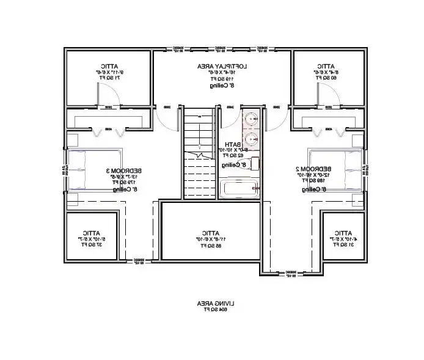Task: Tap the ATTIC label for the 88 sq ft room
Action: [x=212, y=233]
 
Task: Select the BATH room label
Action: [x=233, y=145]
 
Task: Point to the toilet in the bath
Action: [x=253, y=163]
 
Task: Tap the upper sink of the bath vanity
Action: [x=251, y=119]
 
